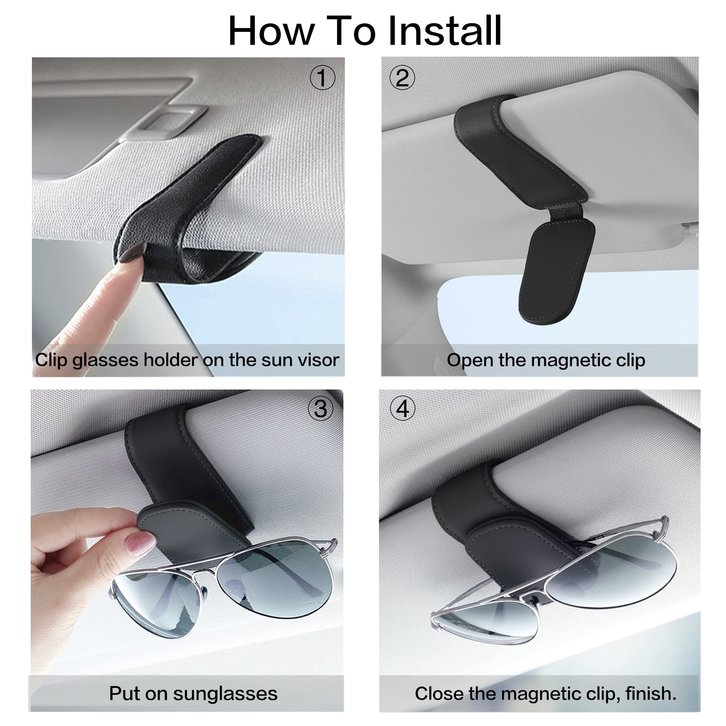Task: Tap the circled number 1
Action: point(322,78)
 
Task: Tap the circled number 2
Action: point(402,78)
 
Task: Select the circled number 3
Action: point(320,408)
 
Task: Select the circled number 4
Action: point(403,408)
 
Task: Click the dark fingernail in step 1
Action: point(133,253)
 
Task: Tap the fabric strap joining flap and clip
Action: point(566,213)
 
